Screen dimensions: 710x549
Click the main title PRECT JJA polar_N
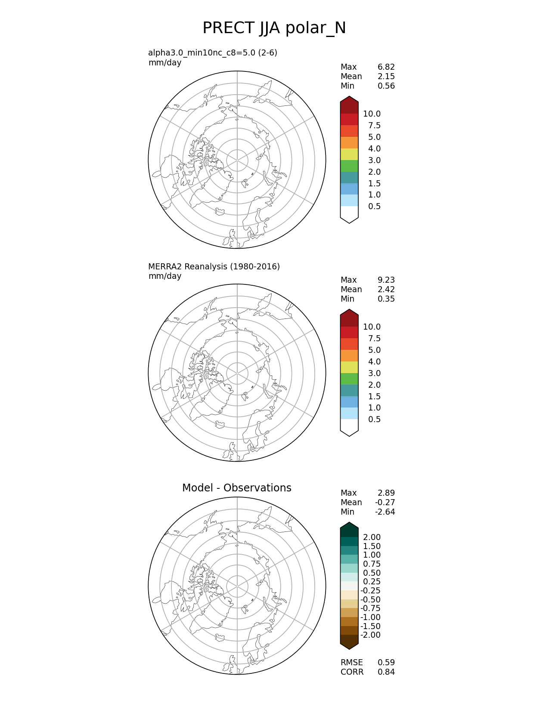tap(274, 28)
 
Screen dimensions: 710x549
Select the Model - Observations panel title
tap(236, 488)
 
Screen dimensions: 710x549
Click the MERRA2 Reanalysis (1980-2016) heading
tap(214, 267)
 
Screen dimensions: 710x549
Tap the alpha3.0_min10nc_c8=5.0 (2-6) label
tap(213, 53)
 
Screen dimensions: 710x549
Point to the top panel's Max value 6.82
tap(386, 67)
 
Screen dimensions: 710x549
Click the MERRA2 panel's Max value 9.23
tap(386, 280)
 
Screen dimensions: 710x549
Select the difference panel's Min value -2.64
tap(385, 512)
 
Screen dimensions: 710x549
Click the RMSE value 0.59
tap(386, 663)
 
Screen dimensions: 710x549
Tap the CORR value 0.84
tap(386, 672)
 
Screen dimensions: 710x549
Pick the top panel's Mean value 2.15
tap(386, 77)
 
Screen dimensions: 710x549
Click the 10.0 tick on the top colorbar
tap(372, 114)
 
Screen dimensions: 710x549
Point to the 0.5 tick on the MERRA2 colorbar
tap(374, 420)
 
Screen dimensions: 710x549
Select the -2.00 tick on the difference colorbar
tap(370, 635)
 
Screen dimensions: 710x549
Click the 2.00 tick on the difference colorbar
tap(372, 537)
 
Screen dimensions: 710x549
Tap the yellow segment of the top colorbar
tap(349, 154)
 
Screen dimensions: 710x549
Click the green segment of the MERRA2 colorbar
tap(349, 379)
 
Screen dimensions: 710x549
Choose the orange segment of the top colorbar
tap(349, 143)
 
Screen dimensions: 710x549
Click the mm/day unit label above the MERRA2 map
tap(165, 276)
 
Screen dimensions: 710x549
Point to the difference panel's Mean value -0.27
tap(385, 503)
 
